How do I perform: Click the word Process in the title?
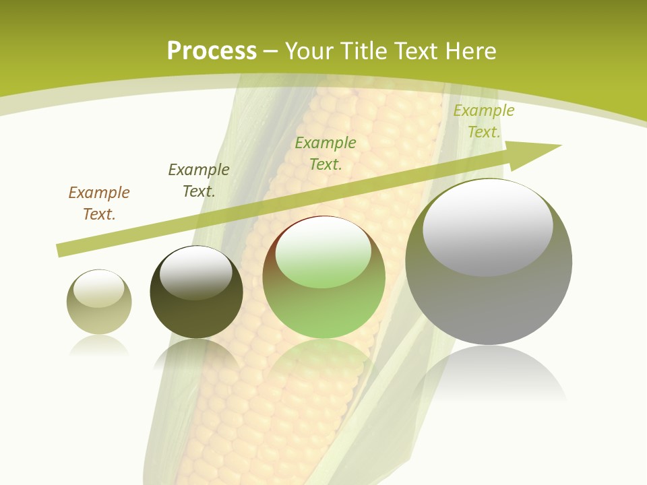(212, 51)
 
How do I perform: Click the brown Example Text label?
(99, 203)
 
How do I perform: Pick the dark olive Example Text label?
(199, 181)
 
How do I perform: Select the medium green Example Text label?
(326, 154)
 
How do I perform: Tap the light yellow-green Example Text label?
(484, 121)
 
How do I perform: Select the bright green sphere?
(324, 310)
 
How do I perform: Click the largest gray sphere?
(489, 303)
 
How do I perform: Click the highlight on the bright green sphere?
(323, 253)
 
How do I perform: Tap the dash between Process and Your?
(271, 51)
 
